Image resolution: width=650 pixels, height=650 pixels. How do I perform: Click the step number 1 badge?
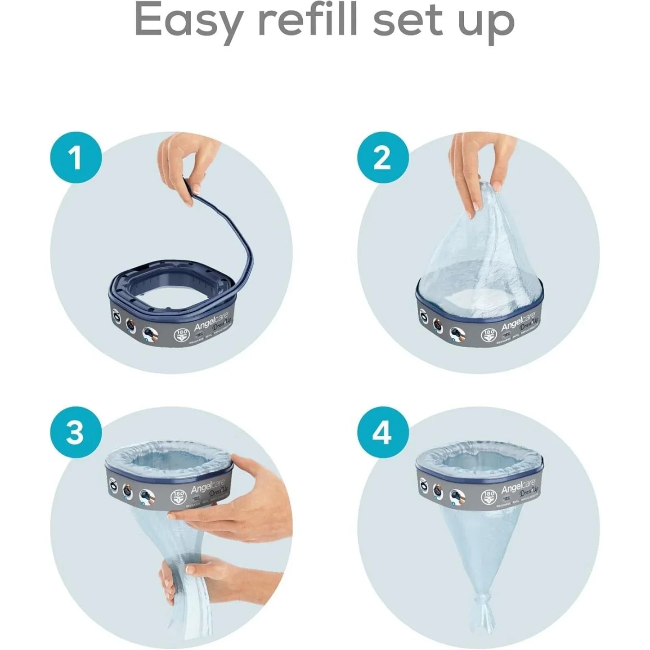(76, 158)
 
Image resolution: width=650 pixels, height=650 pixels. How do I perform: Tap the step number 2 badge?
(383, 158)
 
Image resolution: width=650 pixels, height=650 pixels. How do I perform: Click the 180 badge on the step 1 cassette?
(180, 336)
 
